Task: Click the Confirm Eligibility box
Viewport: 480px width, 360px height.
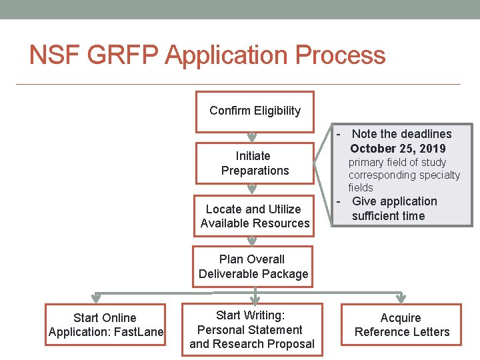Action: pos(255,111)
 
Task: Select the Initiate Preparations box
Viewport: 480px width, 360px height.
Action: pos(255,163)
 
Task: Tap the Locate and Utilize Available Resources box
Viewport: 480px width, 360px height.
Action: pos(255,216)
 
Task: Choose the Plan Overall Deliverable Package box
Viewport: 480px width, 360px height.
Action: pos(253,267)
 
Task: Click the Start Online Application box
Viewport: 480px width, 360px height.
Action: pos(105,325)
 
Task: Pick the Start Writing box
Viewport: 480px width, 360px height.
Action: pos(251,329)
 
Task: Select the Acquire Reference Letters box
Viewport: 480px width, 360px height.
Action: pos(401,325)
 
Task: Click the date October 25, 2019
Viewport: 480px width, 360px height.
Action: pos(398,148)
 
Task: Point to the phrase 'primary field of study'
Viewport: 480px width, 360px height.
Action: pos(397,163)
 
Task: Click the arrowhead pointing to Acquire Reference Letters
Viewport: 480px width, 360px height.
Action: pos(401,299)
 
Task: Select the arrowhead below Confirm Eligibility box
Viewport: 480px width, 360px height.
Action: pos(252,138)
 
